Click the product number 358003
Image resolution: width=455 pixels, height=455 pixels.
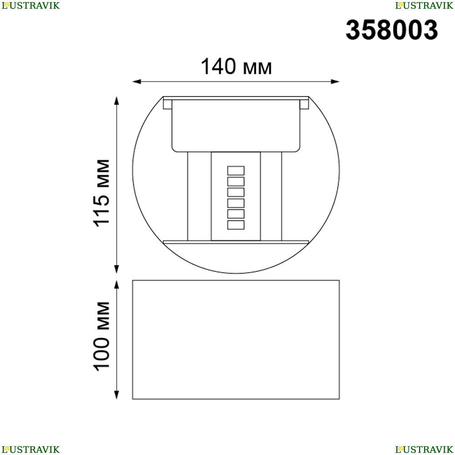pos(392,30)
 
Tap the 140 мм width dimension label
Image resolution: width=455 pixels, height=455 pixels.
pos(236,67)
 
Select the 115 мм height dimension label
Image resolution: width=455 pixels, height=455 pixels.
pos(101,193)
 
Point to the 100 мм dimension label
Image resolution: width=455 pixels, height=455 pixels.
pos(101,336)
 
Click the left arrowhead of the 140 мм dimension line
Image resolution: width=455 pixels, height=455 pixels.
pos(136,81)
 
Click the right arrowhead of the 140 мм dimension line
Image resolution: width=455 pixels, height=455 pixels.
pos(335,81)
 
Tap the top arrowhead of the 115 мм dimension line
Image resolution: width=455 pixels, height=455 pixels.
pos(116,101)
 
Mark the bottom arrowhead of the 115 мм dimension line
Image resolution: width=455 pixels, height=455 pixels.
pos(116,269)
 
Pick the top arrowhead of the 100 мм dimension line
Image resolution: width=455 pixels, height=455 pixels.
pos(116,284)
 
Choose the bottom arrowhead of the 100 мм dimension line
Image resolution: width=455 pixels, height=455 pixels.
pos(116,395)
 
